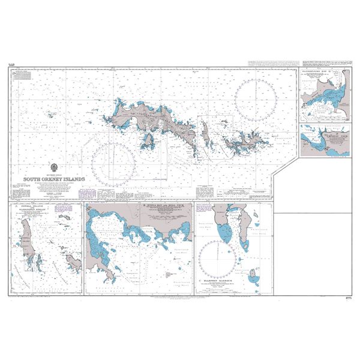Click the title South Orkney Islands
click(x=54, y=179)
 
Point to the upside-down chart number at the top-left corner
click(x=11, y=64)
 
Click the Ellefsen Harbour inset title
click(x=220, y=280)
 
